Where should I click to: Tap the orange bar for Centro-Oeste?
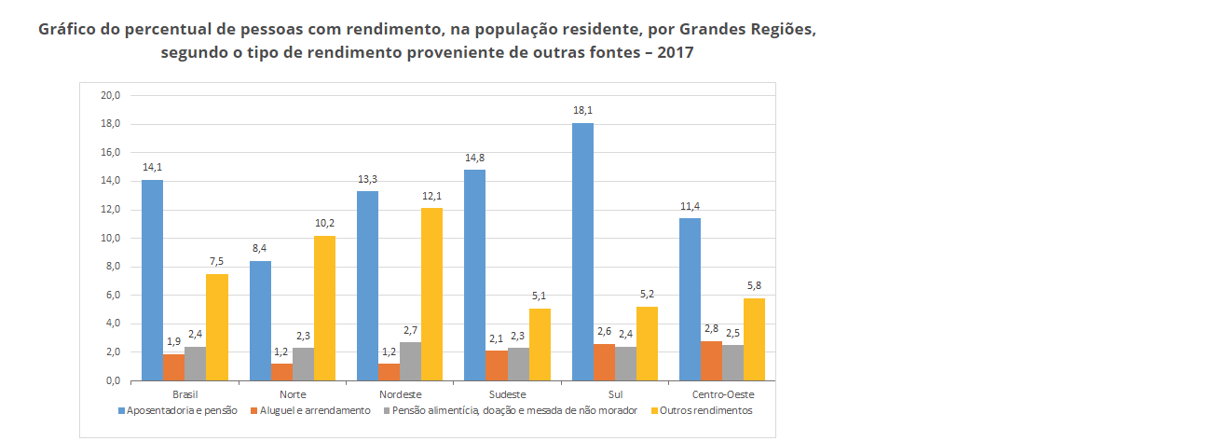click(x=712, y=361)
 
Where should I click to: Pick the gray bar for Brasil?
click(x=195, y=364)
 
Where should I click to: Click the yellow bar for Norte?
click(x=324, y=308)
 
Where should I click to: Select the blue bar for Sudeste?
click(x=474, y=275)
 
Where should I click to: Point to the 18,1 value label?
click(x=583, y=110)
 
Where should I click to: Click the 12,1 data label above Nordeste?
click(x=431, y=196)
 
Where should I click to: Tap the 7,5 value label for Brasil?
click(x=216, y=262)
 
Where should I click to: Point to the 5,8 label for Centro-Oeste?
click(x=755, y=286)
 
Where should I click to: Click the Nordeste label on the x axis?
click(x=400, y=394)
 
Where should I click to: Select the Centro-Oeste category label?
click(x=722, y=394)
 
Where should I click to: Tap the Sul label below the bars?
click(x=615, y=394)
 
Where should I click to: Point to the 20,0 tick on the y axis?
click(x=111, y=95)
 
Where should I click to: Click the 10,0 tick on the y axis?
click(x=111, y=239)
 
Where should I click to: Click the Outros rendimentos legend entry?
click(x=705, y=410)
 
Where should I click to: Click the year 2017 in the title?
click(x=675, y=52)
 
